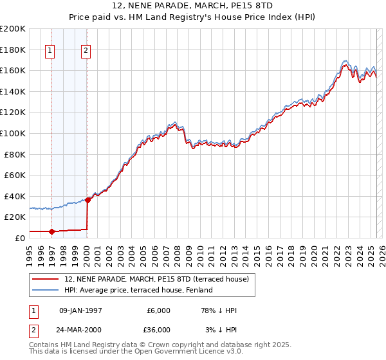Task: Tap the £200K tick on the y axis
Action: click(13, 29)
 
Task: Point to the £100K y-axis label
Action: click(13, 133)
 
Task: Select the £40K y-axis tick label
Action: click(15, 196)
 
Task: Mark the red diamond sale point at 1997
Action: click(52, 231)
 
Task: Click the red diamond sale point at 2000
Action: click(87, 200)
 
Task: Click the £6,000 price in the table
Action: click(158, 311)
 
